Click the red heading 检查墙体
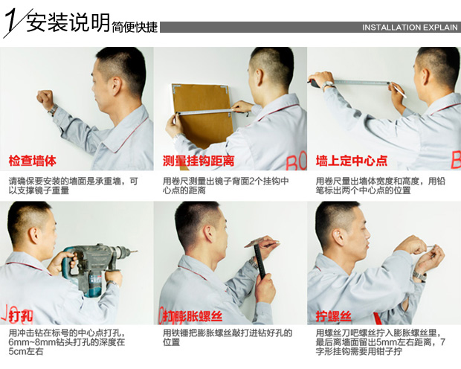(32, 161)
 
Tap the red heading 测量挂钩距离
(199, 161)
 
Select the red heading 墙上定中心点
(352, 161)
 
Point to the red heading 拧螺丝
(334, 317)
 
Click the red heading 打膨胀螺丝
(193, 317)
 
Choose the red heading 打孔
(21, 317)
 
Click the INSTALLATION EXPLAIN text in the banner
(410, 28)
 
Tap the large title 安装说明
(68, 22)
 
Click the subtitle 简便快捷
(135, 28)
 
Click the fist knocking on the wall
(45, 99)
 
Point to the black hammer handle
(260, 262)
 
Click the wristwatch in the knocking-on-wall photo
(53, 110)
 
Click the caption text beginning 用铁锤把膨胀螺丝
(228, 338)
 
